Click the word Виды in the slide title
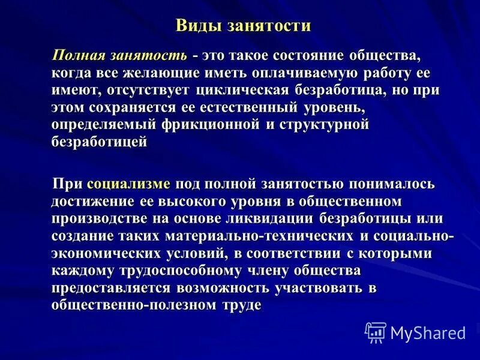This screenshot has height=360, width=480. (x=193, y=26)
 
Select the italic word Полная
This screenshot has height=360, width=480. (x=78, y=56)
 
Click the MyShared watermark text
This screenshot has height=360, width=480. (x=428, y=332)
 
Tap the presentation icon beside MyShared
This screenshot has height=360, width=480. (x=376, y=332)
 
